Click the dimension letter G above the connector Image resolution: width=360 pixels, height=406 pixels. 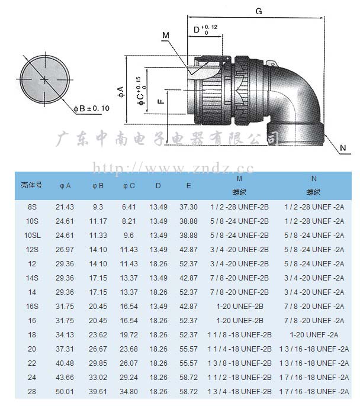coord(259,11)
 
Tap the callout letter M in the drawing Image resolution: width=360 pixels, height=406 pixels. coord(166,35)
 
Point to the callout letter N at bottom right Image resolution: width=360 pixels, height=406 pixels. coord(343,148)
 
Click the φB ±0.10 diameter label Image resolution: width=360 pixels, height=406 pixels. coord(91,108)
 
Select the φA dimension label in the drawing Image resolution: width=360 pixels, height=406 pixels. coord(120,92)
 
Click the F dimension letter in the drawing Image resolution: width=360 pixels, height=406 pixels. coord(161,101)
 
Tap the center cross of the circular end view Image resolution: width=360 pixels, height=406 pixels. coord(45,79)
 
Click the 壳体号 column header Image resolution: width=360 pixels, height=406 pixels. coord(31,185)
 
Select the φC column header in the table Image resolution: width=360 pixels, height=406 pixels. coord(129,186)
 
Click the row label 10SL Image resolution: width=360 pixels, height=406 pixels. coord(33,236)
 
